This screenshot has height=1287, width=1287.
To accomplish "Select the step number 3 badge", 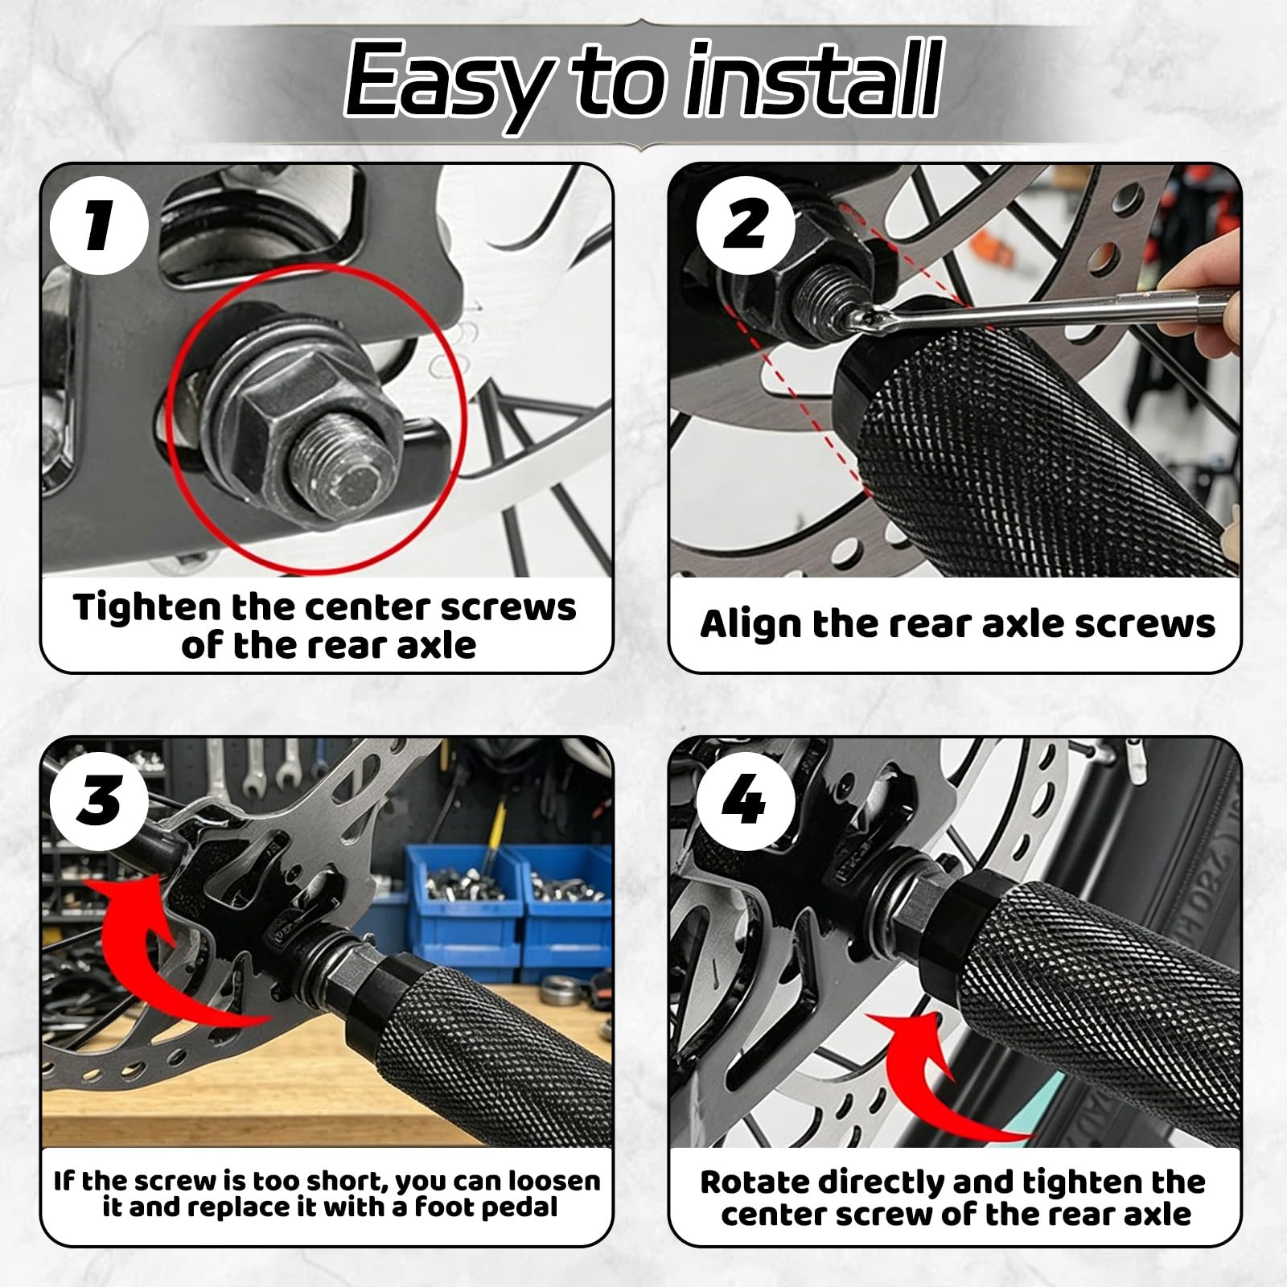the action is [99, 800].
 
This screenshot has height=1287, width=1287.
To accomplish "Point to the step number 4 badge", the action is [746, 800].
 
